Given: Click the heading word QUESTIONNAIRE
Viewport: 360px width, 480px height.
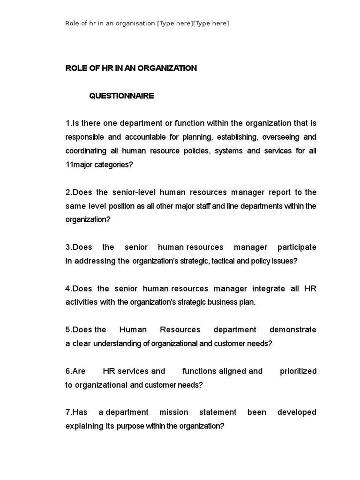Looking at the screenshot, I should click(x=121, y=96).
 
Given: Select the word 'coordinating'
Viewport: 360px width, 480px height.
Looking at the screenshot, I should click(x=87, y=151).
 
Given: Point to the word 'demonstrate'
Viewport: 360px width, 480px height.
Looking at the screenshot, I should click(x=293, y=330).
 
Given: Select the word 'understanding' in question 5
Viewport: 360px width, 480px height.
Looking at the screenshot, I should click(x=120, y=344).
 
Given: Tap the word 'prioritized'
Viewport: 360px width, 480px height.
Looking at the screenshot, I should click(x=298, y=371).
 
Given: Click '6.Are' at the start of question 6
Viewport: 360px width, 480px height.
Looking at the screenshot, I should click(x=75, y=371).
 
